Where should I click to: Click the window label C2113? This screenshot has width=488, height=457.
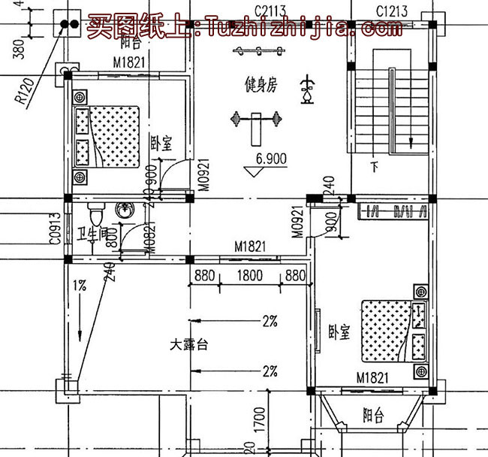click(x=268, y=10)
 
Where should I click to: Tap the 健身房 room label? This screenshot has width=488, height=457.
click(x=261, y=85)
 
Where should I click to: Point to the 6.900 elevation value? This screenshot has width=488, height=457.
click(x=272, y=159)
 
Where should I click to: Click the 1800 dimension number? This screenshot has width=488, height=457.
click(x=249, y=276)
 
